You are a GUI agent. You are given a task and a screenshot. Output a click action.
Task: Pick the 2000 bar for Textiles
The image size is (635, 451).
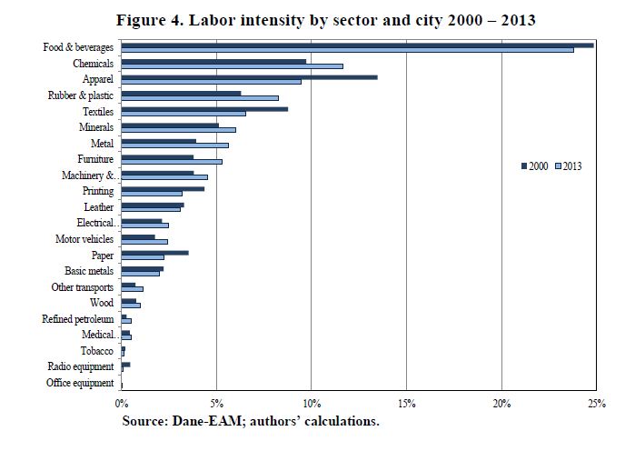pyautogui.click(x=204, y=109)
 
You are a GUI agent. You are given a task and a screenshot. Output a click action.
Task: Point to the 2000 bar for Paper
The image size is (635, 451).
pyautogui.click(x=154, y=252)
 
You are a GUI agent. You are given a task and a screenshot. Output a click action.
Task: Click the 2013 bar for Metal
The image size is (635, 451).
pyautogui.click(x=174, y=145)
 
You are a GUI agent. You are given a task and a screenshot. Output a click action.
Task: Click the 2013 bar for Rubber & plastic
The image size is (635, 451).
pyautogui.click(x=200, y=97)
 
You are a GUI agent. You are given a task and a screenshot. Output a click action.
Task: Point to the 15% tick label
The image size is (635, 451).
pyautogui.click(x=406, y=402)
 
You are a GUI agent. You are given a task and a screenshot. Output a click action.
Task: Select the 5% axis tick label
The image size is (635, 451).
pyautogui.click(x=216, y=402)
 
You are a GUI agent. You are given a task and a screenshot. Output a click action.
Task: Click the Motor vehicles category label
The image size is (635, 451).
pyautogui.click(x=85, y=239)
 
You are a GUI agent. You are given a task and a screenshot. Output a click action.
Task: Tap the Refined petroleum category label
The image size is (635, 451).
pyautogui.click(x=78, y=319)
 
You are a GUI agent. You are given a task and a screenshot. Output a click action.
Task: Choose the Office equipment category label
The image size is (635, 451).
pyautogui.click(x=80, y=383)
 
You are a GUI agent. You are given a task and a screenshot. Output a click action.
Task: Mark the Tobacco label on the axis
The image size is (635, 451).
pyautogui.click(x=97, y=350)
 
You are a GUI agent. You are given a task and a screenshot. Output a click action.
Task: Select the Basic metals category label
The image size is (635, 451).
pyautogui.click(x=89, y=271)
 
